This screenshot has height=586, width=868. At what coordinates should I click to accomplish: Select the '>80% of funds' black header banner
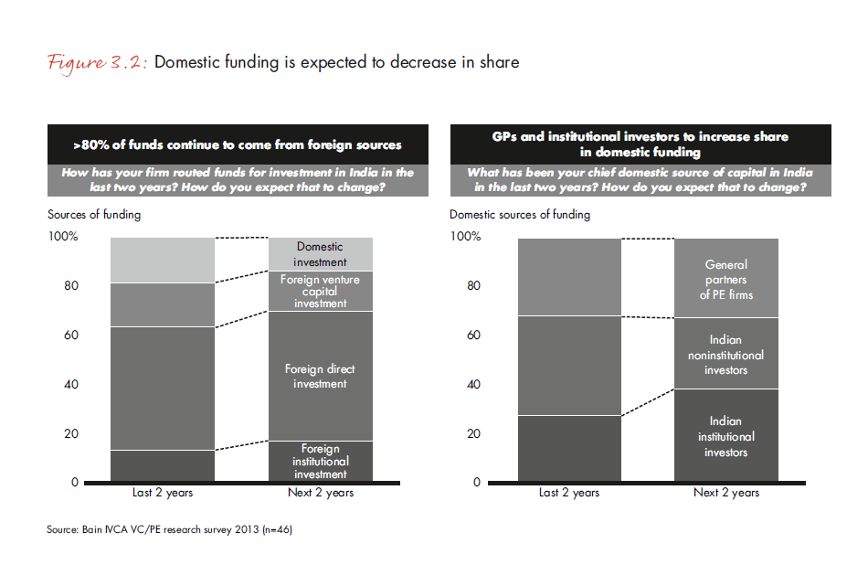[238, 144]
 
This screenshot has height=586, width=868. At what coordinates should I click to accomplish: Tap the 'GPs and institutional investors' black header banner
[640, 144]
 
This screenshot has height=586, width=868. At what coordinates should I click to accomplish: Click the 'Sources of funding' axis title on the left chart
[94, 215]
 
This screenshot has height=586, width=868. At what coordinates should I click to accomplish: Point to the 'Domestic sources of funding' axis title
[520, 215]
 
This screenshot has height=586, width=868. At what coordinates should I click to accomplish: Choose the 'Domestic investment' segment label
[320, 254]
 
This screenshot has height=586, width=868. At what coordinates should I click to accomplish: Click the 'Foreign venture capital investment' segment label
[320, 292]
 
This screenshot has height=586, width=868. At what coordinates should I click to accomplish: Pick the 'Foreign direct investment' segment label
[320, 377]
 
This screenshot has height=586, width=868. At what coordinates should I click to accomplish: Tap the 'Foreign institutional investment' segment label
[320, 462]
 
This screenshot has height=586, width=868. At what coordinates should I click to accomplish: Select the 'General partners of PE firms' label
[725, 280]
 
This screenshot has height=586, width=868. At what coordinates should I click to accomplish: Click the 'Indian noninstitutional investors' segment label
[725, 355]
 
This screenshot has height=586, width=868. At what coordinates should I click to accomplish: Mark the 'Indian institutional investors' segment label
[725, 436]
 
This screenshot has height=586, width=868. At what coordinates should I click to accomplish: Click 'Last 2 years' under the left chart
[163, 493]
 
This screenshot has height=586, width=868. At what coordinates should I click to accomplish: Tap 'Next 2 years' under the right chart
[725, 493]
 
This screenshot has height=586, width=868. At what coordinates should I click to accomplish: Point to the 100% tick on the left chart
[63, 237]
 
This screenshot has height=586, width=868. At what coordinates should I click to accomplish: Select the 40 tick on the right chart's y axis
[473, 384]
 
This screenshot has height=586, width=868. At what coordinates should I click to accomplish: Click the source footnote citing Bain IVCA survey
[169, 529]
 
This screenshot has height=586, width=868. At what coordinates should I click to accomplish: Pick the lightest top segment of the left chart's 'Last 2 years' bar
[163, 260]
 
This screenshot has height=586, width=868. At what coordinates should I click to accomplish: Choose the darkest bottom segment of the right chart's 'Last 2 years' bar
[569, 448]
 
